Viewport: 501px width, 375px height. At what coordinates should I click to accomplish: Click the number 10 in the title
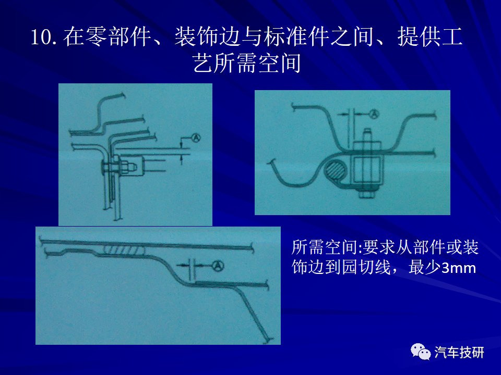tap(41, 37)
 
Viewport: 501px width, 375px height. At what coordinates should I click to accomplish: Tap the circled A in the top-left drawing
tap(196, 137)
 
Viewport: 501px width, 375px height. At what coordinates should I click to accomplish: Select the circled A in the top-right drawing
tap(374, 114)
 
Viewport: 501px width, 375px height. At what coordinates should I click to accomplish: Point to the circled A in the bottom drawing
tap(218, 265)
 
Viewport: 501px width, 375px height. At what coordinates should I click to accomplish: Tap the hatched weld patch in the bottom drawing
tap(124, 249)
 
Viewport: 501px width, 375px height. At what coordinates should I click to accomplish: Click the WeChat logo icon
tap(421, 352)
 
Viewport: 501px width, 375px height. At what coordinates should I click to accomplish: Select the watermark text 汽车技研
tap(459, 353)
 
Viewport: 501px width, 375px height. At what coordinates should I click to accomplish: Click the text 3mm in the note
tap(459, 268)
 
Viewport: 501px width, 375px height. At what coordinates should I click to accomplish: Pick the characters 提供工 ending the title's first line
tap(430, 36)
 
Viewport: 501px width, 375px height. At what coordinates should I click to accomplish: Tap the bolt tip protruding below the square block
tap(366, 192)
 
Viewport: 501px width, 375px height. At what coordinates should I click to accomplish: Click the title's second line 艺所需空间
tap(247, 63)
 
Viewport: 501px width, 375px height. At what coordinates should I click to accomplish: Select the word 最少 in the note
tap(425, 267)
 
